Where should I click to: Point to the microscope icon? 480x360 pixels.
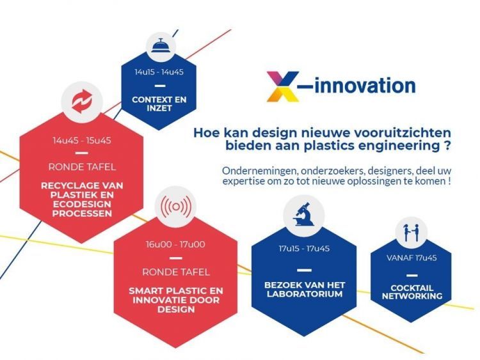pyautogui.click(x=302, y=213)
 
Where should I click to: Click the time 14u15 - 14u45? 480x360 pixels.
pyautogui.click(x=159, y=72)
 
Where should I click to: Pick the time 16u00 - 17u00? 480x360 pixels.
pyautogui.click(x=174, y=244)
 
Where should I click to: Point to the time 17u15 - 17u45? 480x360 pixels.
pyautogui.click(x=303, y=249)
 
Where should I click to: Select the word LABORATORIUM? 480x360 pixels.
pyautogui.click(x=304, y=294)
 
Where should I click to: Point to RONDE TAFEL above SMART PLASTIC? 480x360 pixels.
pyautogui.click(x=175, y=271)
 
